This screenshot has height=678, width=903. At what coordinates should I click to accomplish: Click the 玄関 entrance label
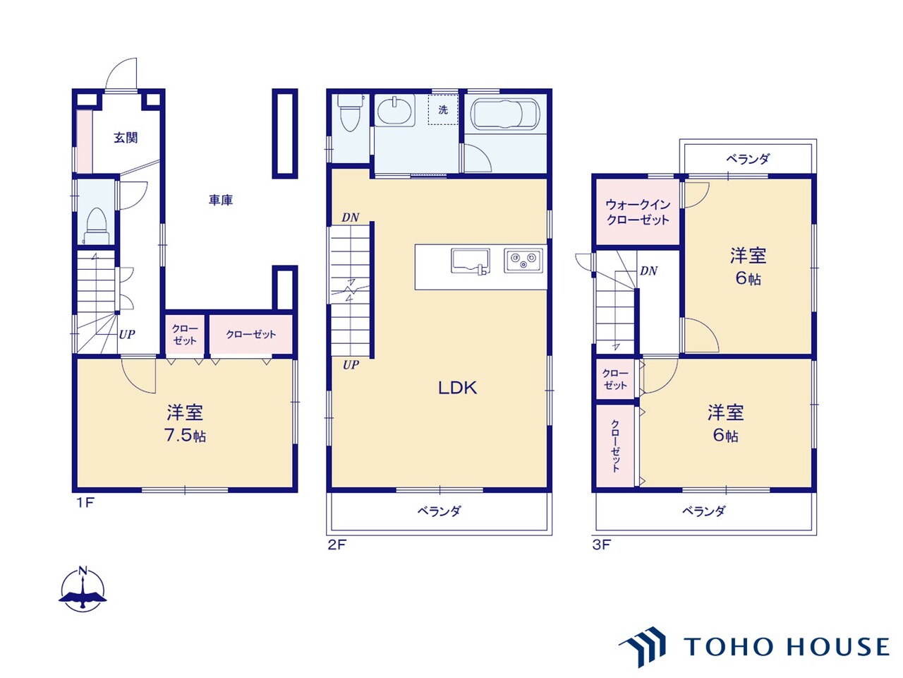126,138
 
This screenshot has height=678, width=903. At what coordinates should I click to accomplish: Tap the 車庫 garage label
221,200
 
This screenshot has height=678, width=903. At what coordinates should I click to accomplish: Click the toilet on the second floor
351,112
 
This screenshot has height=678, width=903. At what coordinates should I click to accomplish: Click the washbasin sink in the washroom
394,111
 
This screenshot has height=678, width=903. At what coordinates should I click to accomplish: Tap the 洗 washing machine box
442,110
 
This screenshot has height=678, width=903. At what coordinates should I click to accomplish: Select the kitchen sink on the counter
471,261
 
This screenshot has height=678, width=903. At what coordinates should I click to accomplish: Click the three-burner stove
523,261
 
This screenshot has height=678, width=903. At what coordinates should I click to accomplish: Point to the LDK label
457,388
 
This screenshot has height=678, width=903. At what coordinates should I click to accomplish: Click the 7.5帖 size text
185,435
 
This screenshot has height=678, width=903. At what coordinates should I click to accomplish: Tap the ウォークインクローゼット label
638,212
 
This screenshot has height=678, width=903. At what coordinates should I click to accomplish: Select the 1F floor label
86,503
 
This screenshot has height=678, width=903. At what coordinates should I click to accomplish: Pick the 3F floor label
602,545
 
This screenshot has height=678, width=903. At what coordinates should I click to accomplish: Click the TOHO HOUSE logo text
786,646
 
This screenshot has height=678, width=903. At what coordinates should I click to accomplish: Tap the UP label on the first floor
127,334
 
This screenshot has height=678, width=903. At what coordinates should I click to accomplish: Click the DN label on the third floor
649,271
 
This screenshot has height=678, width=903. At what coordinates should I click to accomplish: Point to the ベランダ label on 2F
440,511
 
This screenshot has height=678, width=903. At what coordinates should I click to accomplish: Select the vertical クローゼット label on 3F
615,446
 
